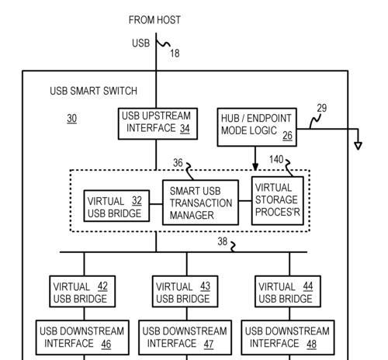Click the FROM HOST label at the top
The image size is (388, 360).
pos(154,20)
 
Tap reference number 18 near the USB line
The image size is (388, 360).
pos(175,54)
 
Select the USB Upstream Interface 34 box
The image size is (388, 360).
pos(158,124)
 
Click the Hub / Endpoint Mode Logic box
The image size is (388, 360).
pos(257,127)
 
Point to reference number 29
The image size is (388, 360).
pos(322,108)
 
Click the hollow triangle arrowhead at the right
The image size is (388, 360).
pos(358,146)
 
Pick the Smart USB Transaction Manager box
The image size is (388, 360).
pos(200,202)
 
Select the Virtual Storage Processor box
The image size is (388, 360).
pos(278,201)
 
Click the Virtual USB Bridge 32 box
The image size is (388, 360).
pos(116,206)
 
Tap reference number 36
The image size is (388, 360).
pos(178,163)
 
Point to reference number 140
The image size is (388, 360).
pos(276,160)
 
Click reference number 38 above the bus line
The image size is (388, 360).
pos(223,241)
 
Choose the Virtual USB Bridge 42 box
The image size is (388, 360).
pos(82,292)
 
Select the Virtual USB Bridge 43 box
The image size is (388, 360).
pos(185,292)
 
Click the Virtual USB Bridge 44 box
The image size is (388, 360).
pos(288,292)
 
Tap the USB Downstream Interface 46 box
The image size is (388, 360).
pos(82,337)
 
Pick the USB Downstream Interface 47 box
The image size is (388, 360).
pos(185,337)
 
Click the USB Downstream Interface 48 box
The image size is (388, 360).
pos(288,337)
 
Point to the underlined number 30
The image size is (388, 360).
pos(71,119)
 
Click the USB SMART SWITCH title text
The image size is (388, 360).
pos(93,91)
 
